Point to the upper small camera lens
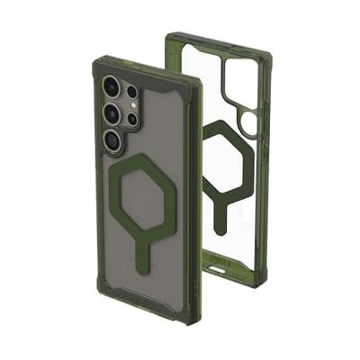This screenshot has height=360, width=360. coord(131,92)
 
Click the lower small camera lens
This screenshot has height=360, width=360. coord(132,119)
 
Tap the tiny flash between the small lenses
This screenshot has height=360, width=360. coord(132,105)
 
